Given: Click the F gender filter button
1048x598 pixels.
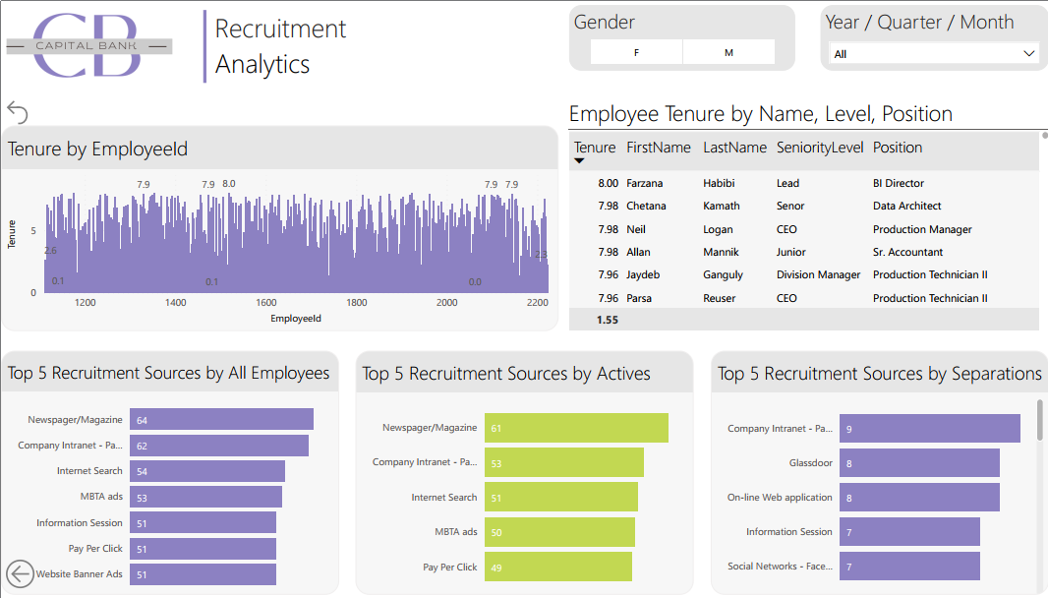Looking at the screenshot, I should (x=636, y=53).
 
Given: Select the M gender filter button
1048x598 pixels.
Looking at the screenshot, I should (x=728, y=53).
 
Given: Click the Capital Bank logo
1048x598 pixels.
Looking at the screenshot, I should (x=88, y=45).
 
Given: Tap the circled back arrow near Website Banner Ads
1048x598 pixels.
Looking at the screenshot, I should (x=20, y=573).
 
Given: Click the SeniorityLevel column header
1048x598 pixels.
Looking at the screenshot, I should (x=819, y=148).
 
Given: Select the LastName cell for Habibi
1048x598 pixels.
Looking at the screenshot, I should (x=719, y=183).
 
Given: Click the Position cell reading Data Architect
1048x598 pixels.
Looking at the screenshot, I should (x=906, y=206).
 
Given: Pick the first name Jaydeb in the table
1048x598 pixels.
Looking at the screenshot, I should (x=645, y=274).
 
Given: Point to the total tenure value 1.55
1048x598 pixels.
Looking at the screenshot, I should (x=608, y=320).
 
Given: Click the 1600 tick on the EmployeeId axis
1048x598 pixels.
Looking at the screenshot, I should (x=265, y=303).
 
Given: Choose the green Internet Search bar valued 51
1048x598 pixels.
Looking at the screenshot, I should (x=560, y=498).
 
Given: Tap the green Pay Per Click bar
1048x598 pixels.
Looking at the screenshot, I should (x=557, y=567).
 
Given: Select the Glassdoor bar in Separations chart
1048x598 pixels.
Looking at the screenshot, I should (x=918, y=463).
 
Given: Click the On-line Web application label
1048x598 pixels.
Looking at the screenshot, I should (x=780, y=498).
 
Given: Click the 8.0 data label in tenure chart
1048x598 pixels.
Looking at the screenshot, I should (x=229, y=184).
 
